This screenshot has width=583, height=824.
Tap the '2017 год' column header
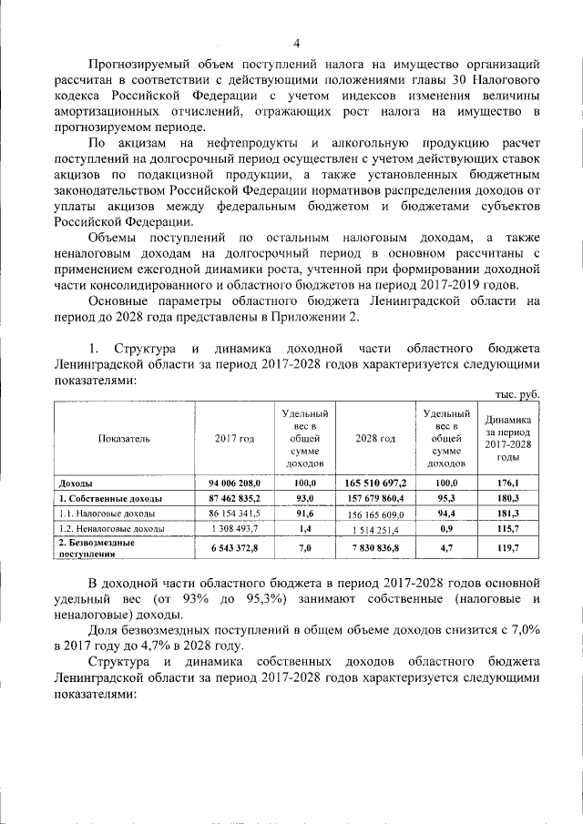(235, 438)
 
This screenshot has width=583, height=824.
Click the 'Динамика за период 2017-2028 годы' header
(509, 438)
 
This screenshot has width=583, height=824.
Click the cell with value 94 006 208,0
(235, 483)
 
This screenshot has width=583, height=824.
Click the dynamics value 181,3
(509, 514)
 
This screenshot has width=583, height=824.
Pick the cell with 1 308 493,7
(235, 528)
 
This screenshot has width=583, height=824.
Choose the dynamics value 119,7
(509, 547)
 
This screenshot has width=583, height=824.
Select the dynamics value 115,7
(509, 528)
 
